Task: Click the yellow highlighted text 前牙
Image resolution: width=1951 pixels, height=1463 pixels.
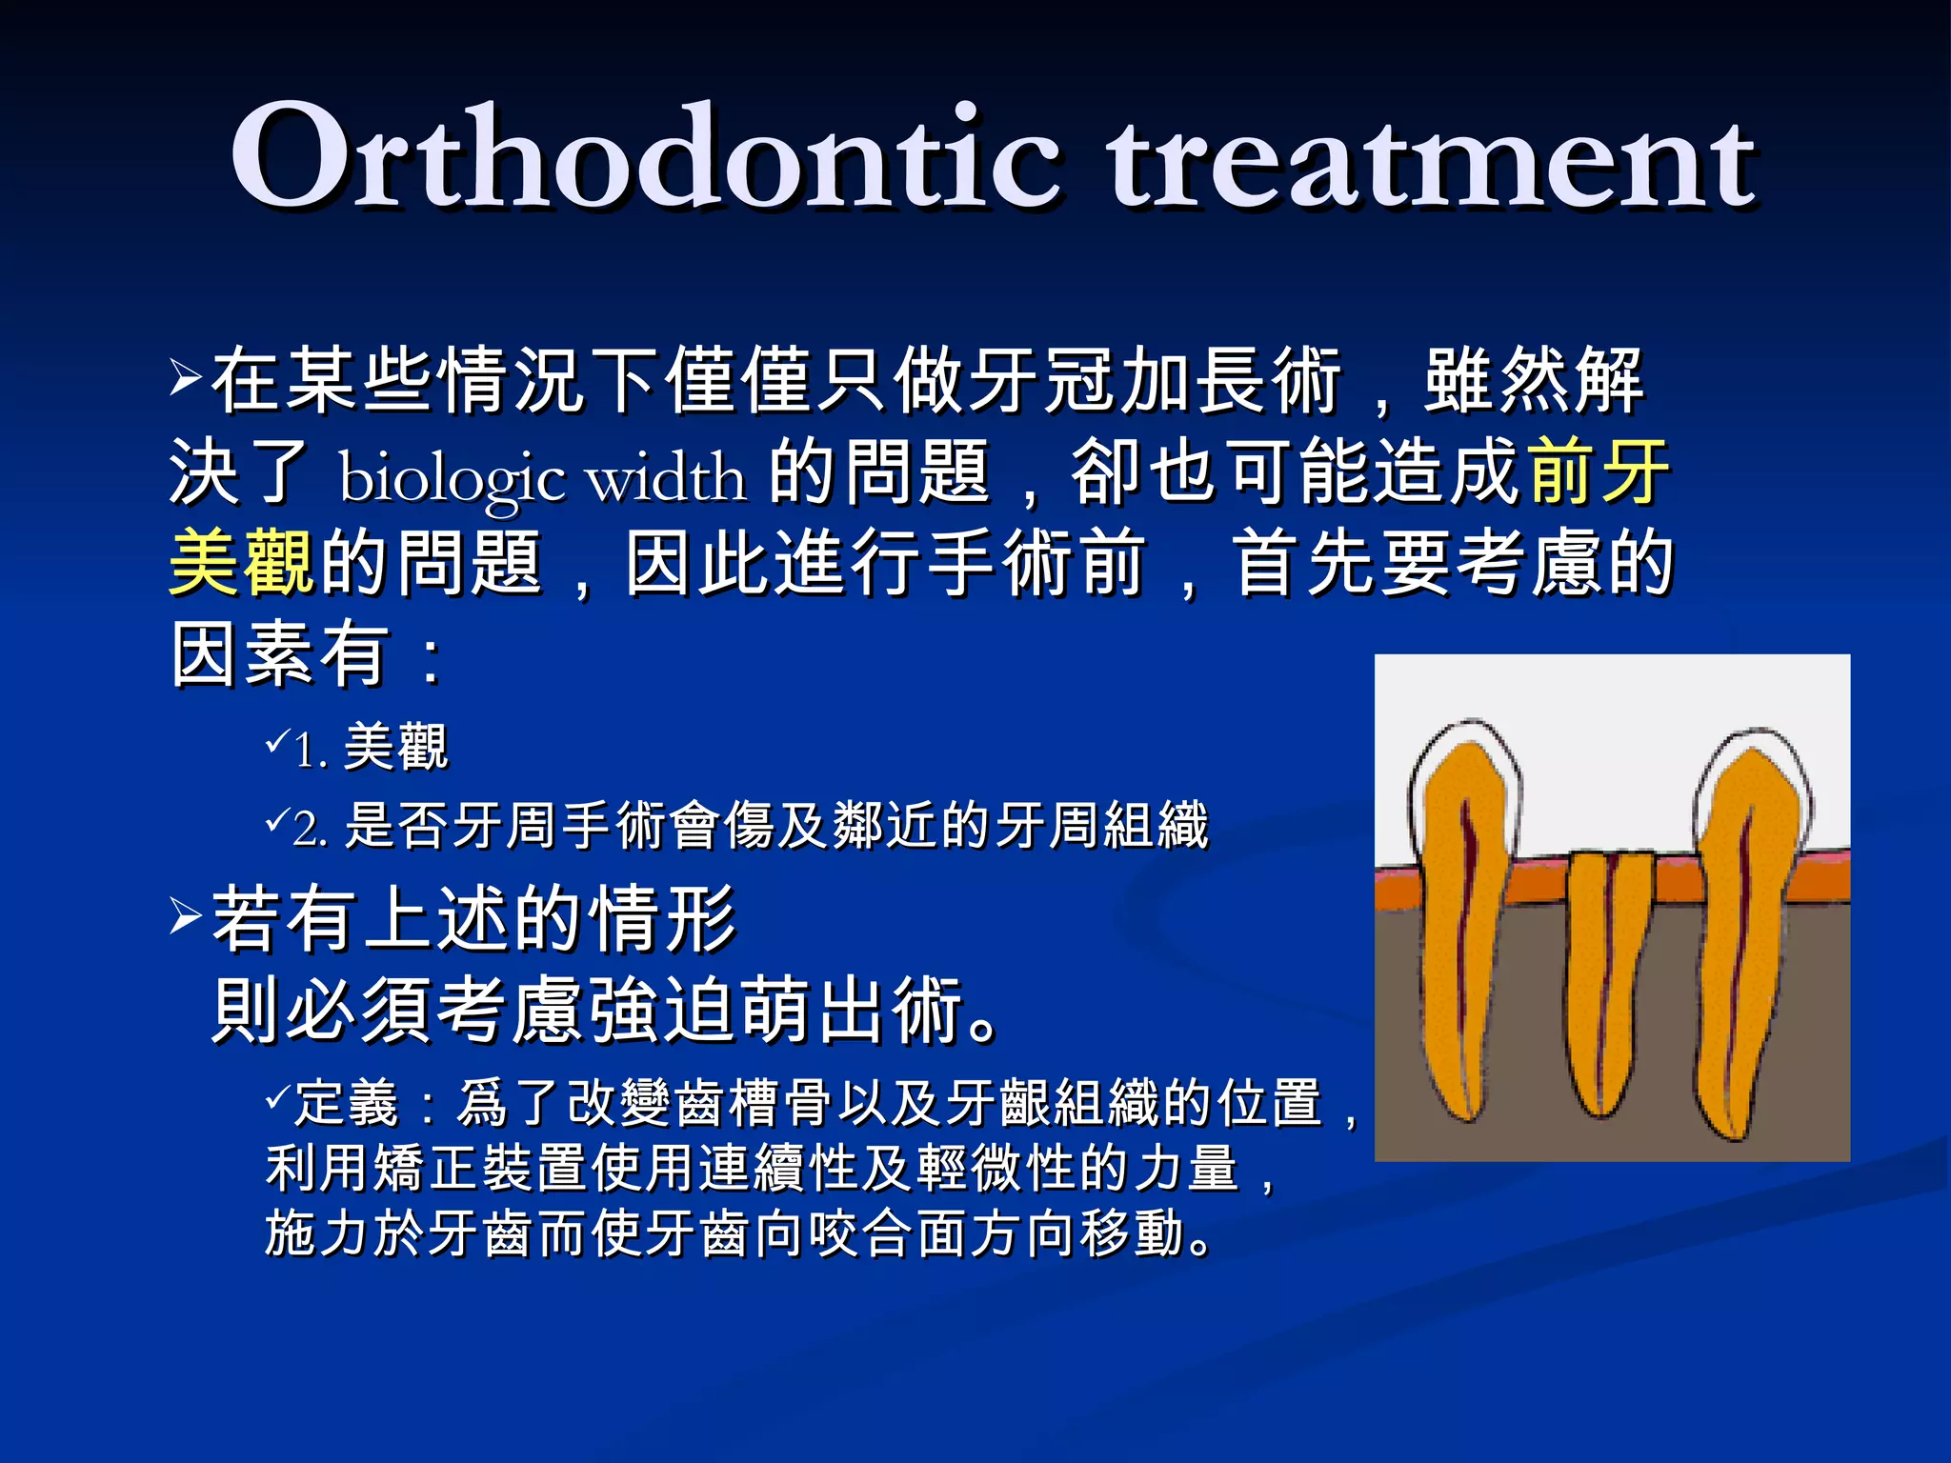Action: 1598,471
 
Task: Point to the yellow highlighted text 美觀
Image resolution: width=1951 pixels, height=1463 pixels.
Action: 240,563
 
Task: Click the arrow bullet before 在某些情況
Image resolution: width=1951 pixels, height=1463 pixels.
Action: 185,377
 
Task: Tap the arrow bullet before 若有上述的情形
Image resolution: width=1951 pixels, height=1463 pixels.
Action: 185,915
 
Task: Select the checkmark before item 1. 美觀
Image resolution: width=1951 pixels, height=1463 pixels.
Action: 277,739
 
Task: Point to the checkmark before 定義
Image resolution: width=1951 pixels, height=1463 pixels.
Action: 277,1097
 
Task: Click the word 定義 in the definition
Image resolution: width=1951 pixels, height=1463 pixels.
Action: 346,1103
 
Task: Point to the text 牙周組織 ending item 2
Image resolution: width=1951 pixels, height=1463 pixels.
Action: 1101,825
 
